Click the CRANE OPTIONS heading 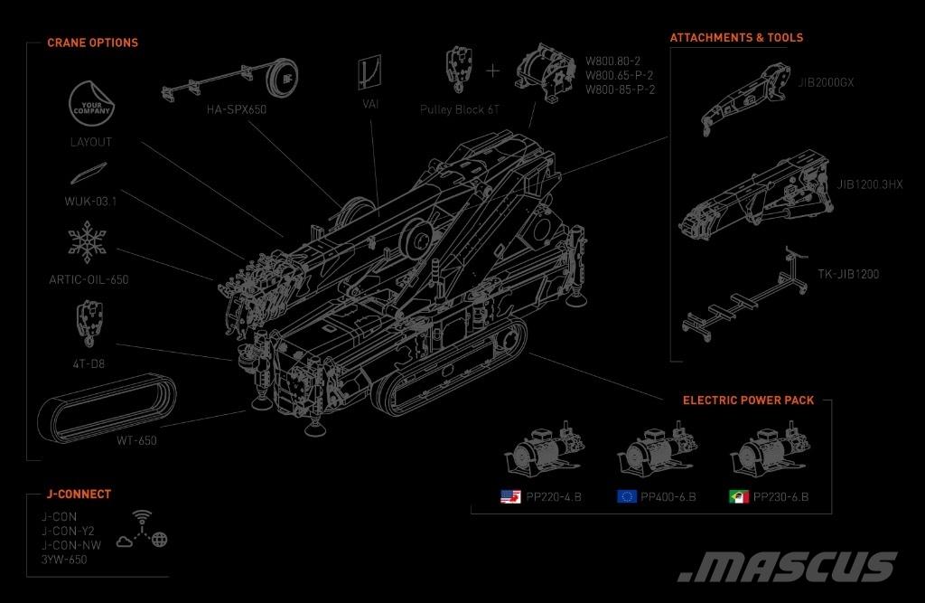pos(92,42)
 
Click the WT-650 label pos(136,440)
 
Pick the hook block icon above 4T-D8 pos(89,323)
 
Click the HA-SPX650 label pos(237,110)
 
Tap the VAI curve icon pos(370,71)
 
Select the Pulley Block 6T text pos(459,108)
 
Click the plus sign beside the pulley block pos(492,70)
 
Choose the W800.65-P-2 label pos(620,76)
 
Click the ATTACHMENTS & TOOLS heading pos(736,38)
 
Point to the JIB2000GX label pos(826,82)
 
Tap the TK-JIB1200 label pos(848,274)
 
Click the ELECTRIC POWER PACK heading pos(748,400)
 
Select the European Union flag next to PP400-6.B pos(626,496)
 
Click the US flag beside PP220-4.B pos(511,496)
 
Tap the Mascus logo pos(788,566)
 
